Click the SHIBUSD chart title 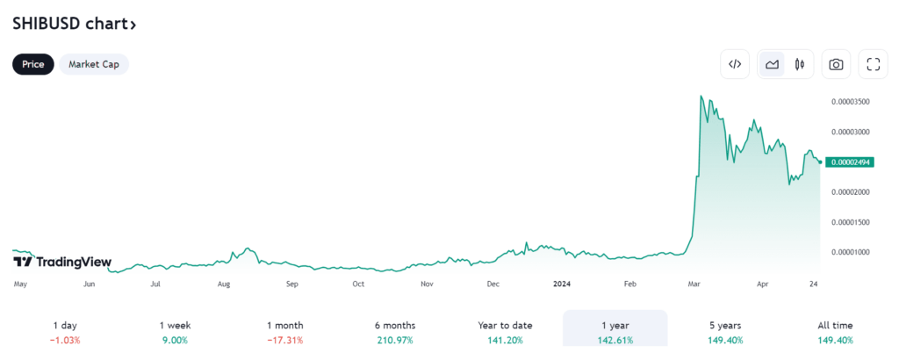(74, 24)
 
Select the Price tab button (33, 64)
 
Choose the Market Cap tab (94, 64)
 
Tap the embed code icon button (736, 64)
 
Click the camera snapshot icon (836, 64)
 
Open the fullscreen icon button (873, 64)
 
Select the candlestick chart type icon (799, 64)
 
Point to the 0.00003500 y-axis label (850, 102)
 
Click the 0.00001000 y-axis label (850, 253)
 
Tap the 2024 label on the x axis (563, 284)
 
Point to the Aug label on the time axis (224, 284)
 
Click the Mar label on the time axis (694, 284)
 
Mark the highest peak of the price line (700, 96)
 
